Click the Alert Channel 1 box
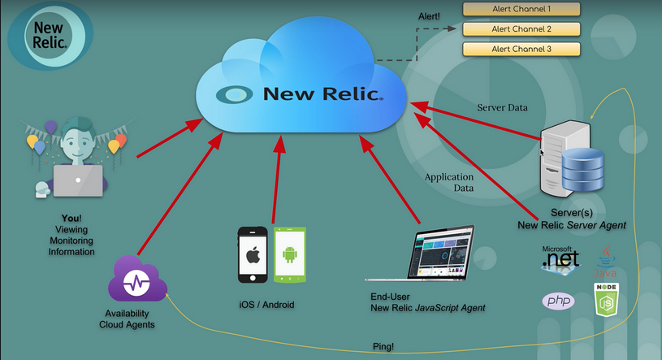coord(521,10)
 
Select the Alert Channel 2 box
coord(521,29)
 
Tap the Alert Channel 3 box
coord(521,49)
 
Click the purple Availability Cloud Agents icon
coord(136,284)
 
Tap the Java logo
coord(605,262)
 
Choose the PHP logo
coord(559,301)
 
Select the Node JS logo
coord(606,300)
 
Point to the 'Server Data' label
coord(501,107)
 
